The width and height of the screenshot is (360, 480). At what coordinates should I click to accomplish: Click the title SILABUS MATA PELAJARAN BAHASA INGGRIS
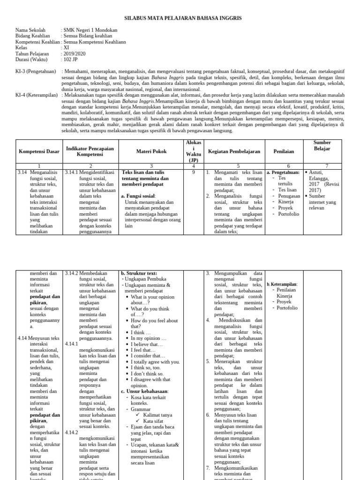[183, 18]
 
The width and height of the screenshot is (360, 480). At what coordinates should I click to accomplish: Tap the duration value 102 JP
[72, 60]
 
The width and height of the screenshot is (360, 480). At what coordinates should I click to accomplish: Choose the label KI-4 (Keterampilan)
[35, 95]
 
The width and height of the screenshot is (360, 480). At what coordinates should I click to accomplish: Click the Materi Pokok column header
[151, 151]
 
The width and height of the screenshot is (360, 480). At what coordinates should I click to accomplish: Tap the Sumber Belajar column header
[322, 145]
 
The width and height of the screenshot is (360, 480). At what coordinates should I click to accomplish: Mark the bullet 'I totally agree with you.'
[155, 361]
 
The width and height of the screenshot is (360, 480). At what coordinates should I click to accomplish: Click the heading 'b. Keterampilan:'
[282, 284]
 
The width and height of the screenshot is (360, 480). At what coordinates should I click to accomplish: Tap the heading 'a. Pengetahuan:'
[283, 172]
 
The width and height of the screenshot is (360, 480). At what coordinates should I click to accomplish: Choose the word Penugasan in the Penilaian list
[289, 196]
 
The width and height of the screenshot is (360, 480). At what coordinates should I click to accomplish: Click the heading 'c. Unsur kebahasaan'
[144, 391]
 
